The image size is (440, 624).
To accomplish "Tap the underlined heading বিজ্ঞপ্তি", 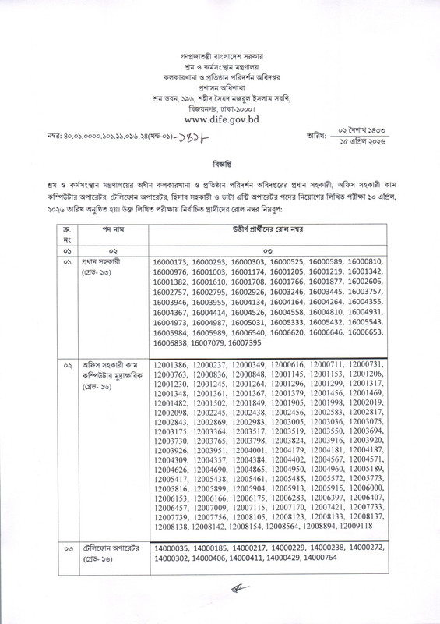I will pos(220,166).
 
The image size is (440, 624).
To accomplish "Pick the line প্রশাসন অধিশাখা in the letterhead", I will pos(220,88).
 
